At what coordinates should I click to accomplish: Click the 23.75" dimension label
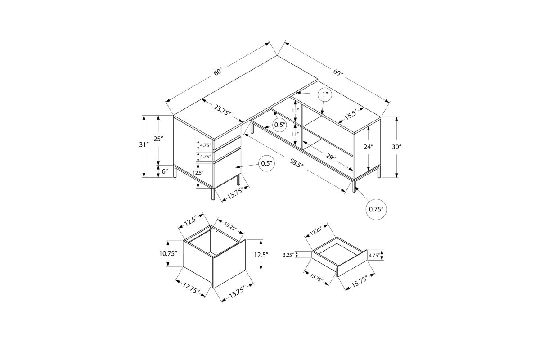point(222,110)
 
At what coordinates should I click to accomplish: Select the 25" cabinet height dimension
point(158,139)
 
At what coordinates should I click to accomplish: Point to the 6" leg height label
point(165,171)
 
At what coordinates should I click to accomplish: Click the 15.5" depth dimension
point(350,116)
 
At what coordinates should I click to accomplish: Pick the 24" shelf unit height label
point(369,147)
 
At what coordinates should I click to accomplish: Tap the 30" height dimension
point(396,147)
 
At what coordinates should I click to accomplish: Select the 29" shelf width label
point(330,157)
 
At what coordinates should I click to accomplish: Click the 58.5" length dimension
point(296,163)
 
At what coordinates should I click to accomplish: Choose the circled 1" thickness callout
point(325,95)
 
